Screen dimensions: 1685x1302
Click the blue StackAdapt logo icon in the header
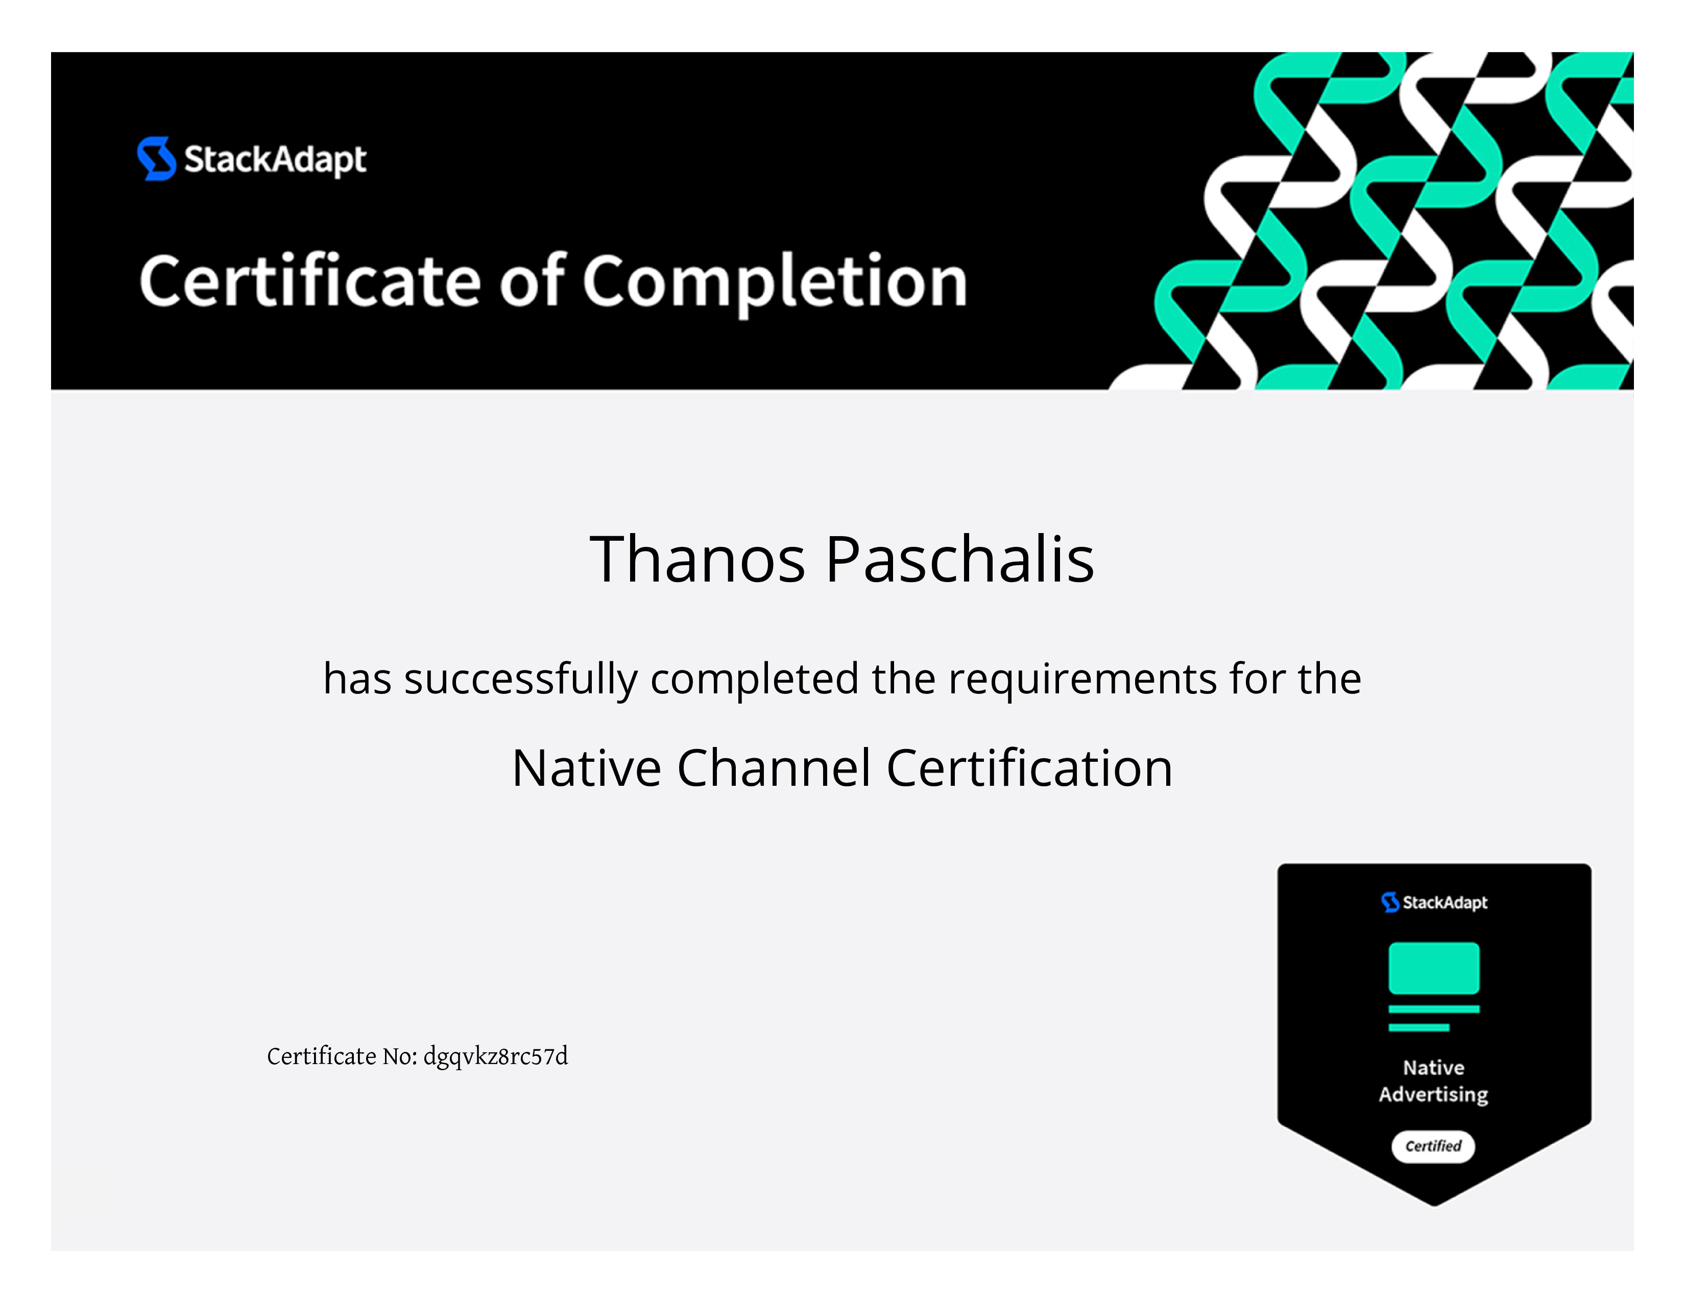156,159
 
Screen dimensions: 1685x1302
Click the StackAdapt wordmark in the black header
275,160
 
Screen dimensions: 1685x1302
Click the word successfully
521,680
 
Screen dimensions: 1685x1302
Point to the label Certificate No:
342,1056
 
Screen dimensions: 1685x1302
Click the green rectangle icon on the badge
1433,968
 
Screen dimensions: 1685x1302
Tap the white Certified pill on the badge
1433,1146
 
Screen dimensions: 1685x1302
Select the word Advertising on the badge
1433,1095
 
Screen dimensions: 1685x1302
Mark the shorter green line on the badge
1419,1027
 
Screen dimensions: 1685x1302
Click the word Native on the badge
1433,1068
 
